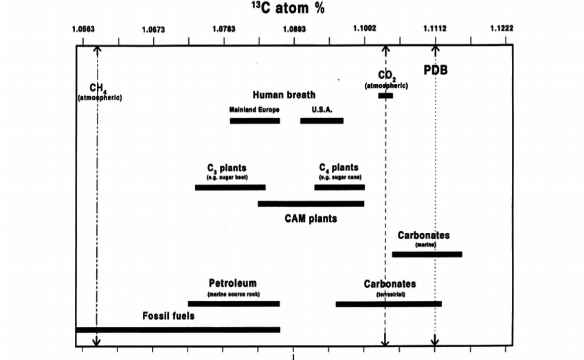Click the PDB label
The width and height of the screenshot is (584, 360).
435,69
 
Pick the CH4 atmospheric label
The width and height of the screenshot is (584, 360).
100,92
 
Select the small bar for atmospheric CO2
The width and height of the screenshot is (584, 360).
385,95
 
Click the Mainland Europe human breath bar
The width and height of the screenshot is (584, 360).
255,121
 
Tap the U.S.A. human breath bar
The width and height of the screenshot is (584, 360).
322,121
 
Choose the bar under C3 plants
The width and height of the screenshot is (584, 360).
230,187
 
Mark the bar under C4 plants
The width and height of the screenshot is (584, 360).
339,187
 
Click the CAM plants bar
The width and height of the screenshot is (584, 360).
311,203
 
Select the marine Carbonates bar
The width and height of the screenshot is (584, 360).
427,254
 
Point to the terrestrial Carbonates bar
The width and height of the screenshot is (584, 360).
388,304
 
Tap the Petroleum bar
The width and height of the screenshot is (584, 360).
234,304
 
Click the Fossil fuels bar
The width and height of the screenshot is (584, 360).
178,330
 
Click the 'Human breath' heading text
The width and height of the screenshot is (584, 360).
284,95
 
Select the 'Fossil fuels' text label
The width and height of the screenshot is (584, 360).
168,316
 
